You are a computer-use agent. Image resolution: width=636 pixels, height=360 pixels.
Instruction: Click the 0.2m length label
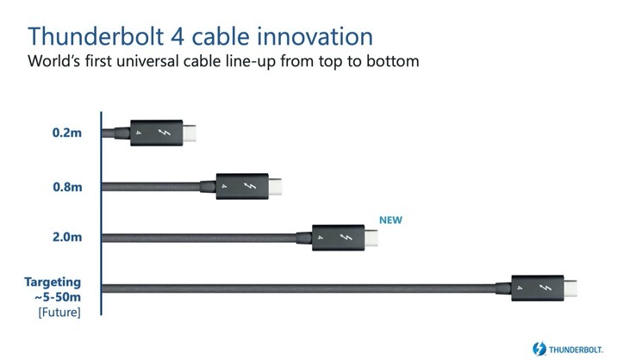67,133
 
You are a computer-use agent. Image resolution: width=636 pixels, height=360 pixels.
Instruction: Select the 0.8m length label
67,187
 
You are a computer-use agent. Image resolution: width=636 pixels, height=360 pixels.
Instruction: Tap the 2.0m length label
67,237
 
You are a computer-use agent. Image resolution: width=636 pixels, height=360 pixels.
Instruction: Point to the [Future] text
59,313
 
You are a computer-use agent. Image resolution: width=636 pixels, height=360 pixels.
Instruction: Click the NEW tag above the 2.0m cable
390,220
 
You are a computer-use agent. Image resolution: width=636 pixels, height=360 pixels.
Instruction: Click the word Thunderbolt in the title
96,36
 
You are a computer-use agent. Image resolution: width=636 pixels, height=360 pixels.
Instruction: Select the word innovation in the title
315,36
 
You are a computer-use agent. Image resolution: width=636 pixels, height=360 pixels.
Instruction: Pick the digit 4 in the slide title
178,36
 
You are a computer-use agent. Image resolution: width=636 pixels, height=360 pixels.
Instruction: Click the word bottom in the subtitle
393,61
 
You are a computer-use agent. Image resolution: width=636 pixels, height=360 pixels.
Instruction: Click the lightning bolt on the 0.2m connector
165,132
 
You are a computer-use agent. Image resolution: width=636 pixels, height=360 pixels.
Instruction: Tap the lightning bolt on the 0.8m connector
250,186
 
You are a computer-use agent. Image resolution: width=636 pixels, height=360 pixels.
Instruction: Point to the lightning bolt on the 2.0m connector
346,237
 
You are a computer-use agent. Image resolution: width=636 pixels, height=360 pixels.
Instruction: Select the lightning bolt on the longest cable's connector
546,288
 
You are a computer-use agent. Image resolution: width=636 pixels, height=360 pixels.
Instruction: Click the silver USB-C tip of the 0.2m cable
189,133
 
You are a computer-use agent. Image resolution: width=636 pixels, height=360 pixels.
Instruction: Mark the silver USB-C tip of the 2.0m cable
371,238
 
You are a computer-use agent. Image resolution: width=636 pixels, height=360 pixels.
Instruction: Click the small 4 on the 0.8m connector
224,186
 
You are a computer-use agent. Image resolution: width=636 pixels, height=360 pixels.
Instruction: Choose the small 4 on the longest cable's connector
520,288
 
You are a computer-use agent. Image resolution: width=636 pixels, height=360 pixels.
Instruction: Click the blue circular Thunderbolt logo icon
539,349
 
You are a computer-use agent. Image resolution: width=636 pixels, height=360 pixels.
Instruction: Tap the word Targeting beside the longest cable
53,282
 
